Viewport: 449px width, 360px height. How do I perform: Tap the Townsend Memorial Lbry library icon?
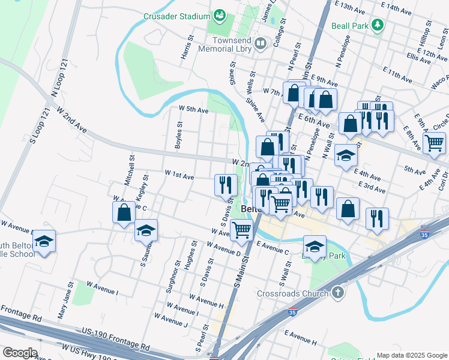pyautogui.click(x=261, y=43)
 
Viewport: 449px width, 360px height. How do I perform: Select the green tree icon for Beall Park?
pyautogui.click(x=377, y=25)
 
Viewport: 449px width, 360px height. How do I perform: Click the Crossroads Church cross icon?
pyautogui.click(x=338, y=293)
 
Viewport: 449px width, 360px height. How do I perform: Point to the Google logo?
pyautogui.click(x=19, y=353)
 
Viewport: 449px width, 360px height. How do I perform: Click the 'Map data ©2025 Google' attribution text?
pyautogui.click(x=411, y=355)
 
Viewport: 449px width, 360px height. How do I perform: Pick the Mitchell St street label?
pyautogui.click(x=130, y=169)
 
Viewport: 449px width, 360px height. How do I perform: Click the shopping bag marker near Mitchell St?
pyautogui.click(x=124, y=213)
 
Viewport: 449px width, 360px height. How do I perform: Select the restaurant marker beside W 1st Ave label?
pyautogui.click(x=225, y=184)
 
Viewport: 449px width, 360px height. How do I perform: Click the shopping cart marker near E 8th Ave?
pyautogui.click(x=434, y=143)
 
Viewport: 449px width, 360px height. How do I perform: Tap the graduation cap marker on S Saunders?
pyautogui.click(x=145, y=232)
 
